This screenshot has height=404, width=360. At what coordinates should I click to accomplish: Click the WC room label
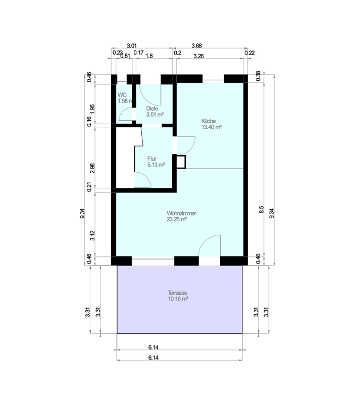click(122, 95)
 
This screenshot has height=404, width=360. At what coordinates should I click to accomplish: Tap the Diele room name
click(152, 109)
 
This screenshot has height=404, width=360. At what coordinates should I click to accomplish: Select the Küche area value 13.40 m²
click(212, 127)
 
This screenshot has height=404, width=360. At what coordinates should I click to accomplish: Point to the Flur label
click(152, 159)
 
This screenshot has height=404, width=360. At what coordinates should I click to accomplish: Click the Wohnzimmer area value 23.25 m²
click(177, 219)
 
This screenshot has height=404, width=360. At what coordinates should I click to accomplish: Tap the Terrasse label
click(178, 293)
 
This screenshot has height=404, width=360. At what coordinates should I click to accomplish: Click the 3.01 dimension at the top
click(132, 46)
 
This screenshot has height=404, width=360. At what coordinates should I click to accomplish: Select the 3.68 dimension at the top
click(196, 46)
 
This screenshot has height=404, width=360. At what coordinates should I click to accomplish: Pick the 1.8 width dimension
click(149, 56)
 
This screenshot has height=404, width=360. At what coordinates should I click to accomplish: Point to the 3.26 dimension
click(198, 56)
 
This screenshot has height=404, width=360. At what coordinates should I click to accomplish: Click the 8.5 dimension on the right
click(262, 209)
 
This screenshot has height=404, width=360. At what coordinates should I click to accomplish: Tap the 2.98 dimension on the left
click(92, 168)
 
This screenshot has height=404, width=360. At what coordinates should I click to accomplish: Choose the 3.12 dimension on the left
click(92, 235)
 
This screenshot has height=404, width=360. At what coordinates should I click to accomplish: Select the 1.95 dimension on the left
click(92, 109)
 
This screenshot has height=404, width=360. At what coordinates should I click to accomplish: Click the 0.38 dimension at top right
click(259, 76)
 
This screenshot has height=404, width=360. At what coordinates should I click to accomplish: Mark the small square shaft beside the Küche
click(181, 162)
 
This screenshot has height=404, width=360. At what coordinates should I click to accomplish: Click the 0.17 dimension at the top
click(138, 53)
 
